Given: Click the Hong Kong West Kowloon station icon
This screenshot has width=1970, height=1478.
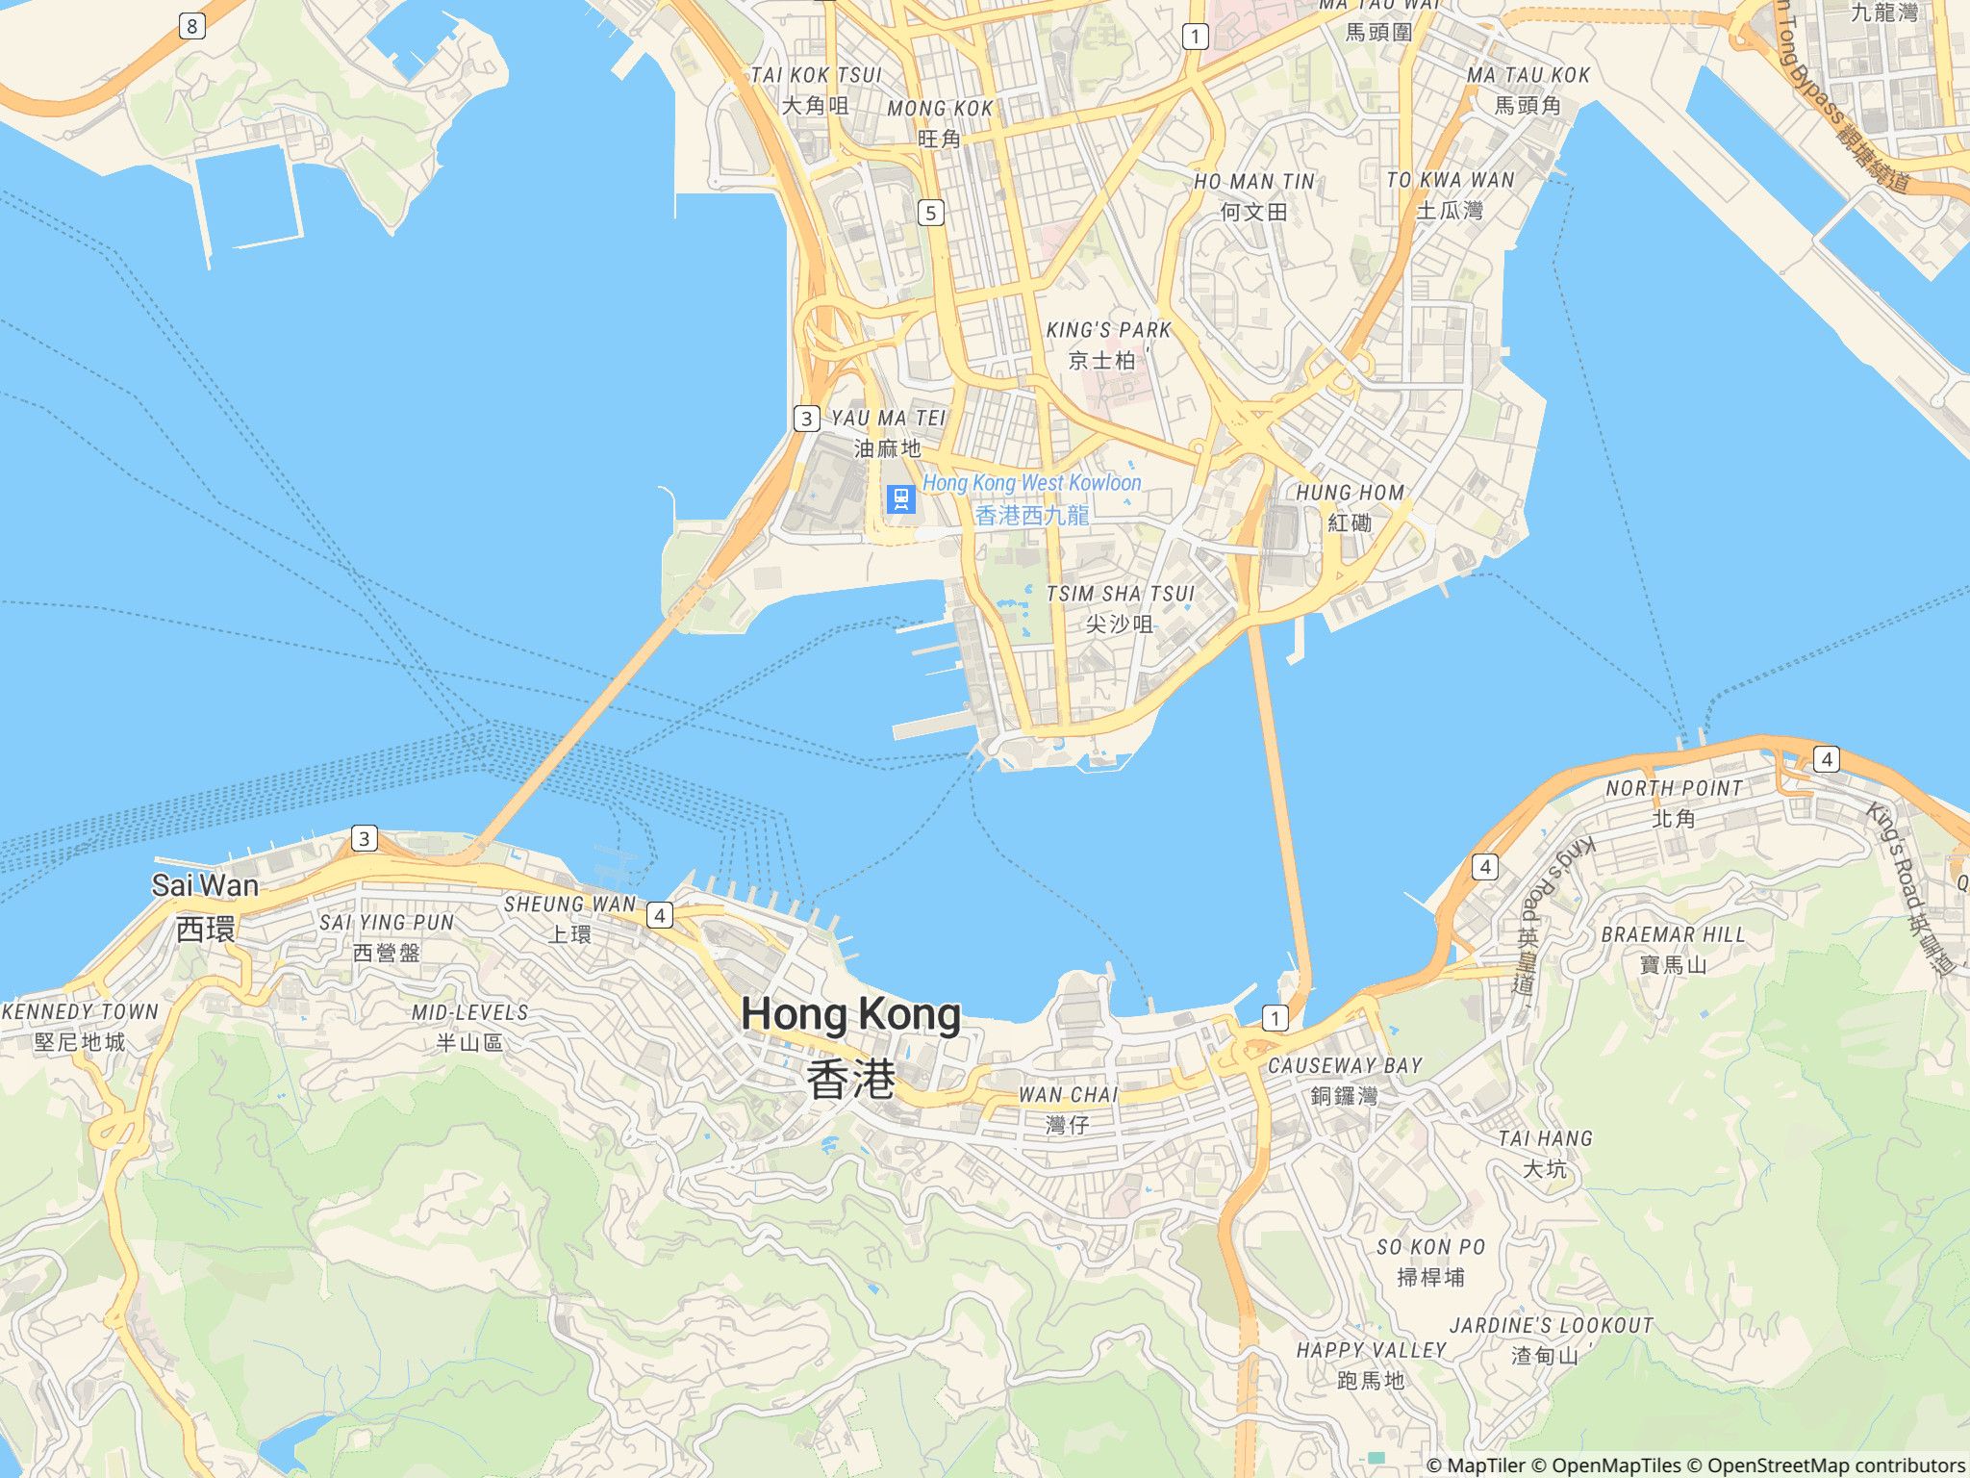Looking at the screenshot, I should [x=900, y=498].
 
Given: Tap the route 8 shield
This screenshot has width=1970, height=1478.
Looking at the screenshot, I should [x=191, y=26].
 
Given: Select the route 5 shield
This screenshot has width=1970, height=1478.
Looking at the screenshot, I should [x=930, y=213].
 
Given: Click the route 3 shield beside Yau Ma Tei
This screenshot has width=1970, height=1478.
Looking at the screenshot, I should [x=806, y=418].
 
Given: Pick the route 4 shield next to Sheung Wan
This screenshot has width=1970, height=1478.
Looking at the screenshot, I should [x=659, y=914].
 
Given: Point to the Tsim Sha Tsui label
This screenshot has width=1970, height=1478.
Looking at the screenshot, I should [x=1120, y=608].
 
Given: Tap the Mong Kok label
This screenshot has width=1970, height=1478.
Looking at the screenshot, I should [x=940, y=123].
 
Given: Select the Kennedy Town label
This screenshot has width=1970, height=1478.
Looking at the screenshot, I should [x=80, y=1026].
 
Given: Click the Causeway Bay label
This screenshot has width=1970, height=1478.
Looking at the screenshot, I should [x=1344, y=1080].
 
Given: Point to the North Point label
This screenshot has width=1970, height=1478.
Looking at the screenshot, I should [x=1674, y=803].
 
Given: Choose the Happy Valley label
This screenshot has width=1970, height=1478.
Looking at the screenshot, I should [x=1371, y=1364].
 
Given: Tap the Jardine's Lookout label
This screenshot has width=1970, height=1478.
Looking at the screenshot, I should [x=1551, y=1339].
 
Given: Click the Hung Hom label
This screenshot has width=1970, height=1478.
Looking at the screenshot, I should [x=1350, y=507].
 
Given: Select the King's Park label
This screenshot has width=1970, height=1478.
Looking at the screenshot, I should [x=1108, y=344].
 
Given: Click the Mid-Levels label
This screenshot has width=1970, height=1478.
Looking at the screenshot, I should [x=470, y=1027].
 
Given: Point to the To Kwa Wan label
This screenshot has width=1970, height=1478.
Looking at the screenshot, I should [x=1450, y=194].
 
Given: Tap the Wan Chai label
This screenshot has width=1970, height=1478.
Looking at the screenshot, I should [x=1068, y=1108].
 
